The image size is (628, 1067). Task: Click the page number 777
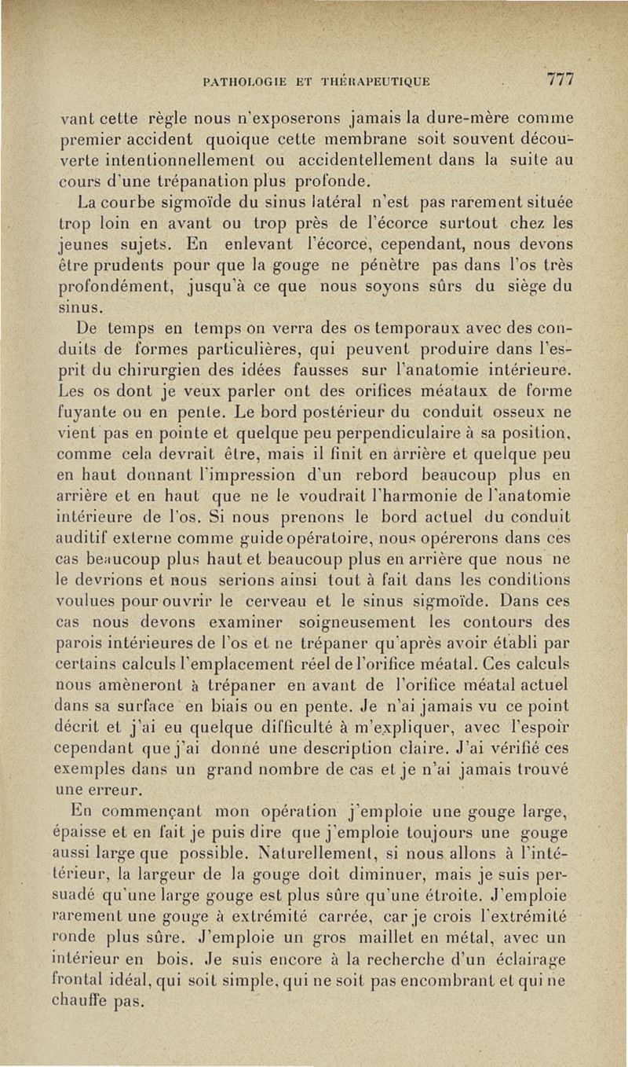pos(561,79)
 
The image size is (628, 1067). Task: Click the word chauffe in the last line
pos(92,1001)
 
